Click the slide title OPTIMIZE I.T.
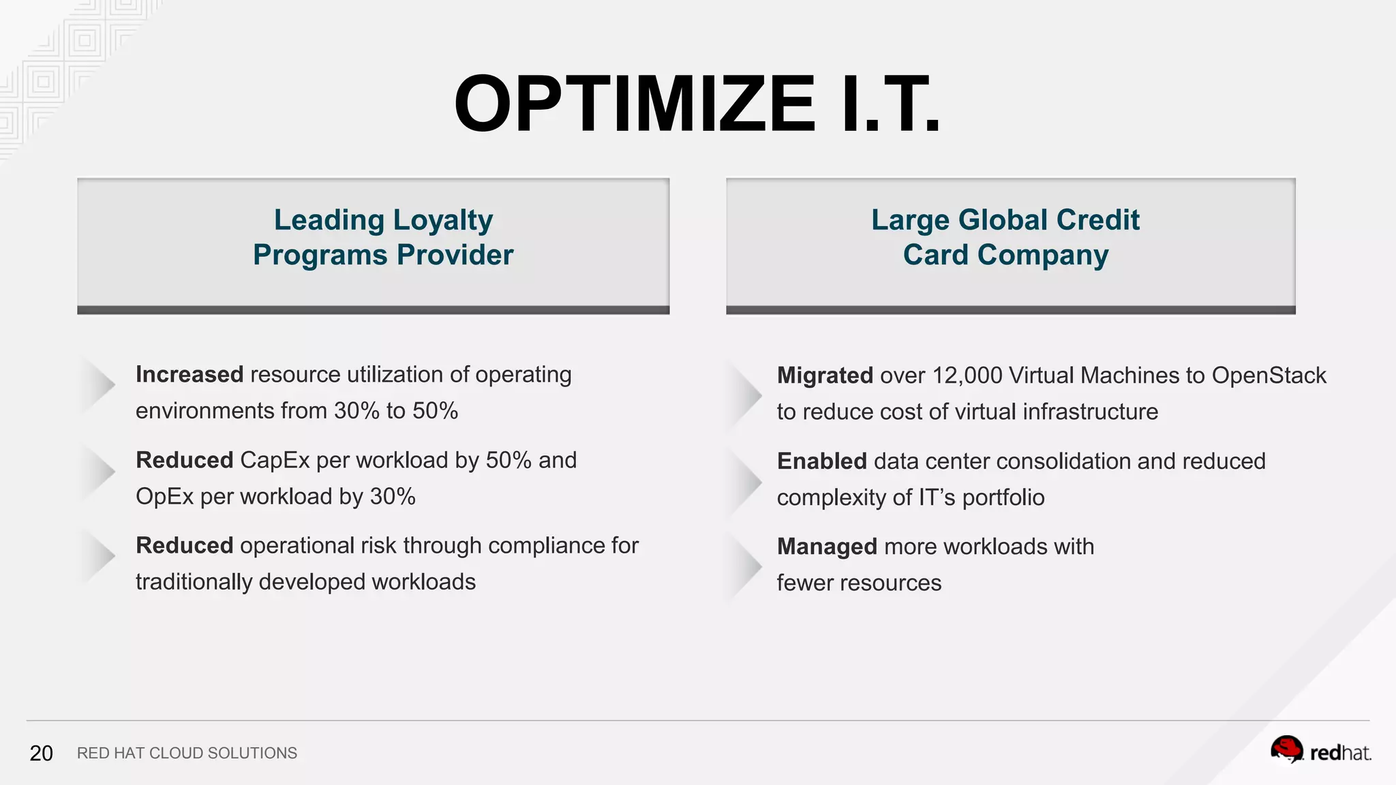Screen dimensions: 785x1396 697,104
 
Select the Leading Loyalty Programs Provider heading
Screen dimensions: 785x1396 383,237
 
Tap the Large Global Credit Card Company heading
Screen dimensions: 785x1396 1005,237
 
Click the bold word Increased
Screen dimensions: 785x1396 189,374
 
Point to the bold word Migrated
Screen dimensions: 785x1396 825,375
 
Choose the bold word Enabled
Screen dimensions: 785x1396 821,461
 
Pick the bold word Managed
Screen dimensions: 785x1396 827,547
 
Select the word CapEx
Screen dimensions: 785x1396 275,460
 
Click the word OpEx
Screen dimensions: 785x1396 165,497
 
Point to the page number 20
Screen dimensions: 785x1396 41,753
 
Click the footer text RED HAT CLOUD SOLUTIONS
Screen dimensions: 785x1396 187,753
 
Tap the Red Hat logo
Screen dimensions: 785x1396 1320,751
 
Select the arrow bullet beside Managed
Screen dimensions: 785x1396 746,565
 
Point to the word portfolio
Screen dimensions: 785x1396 1003,497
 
